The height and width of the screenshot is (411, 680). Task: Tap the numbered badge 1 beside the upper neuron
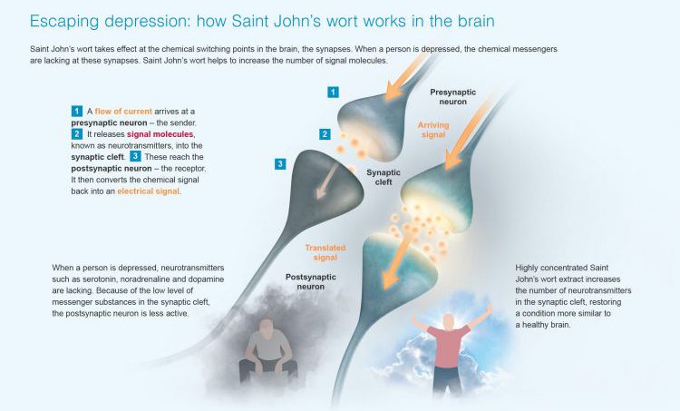[333, 92]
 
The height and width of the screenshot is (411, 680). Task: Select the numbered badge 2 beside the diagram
[325, 134]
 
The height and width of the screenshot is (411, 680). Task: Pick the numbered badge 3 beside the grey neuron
[280, 163]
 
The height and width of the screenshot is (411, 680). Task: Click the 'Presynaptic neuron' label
[452, 97]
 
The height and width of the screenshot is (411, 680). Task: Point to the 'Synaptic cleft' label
[384, 177]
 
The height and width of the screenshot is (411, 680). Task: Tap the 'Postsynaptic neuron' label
[310, 281]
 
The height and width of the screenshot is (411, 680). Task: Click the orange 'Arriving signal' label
[433, 130]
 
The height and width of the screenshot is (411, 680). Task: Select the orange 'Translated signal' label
[325, 252]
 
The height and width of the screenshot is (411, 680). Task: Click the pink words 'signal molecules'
[160, 134]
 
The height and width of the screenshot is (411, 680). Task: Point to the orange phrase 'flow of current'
[123, 112]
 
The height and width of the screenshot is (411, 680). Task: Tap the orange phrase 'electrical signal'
[148, 191]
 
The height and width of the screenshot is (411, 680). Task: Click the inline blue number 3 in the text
[135, 156]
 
